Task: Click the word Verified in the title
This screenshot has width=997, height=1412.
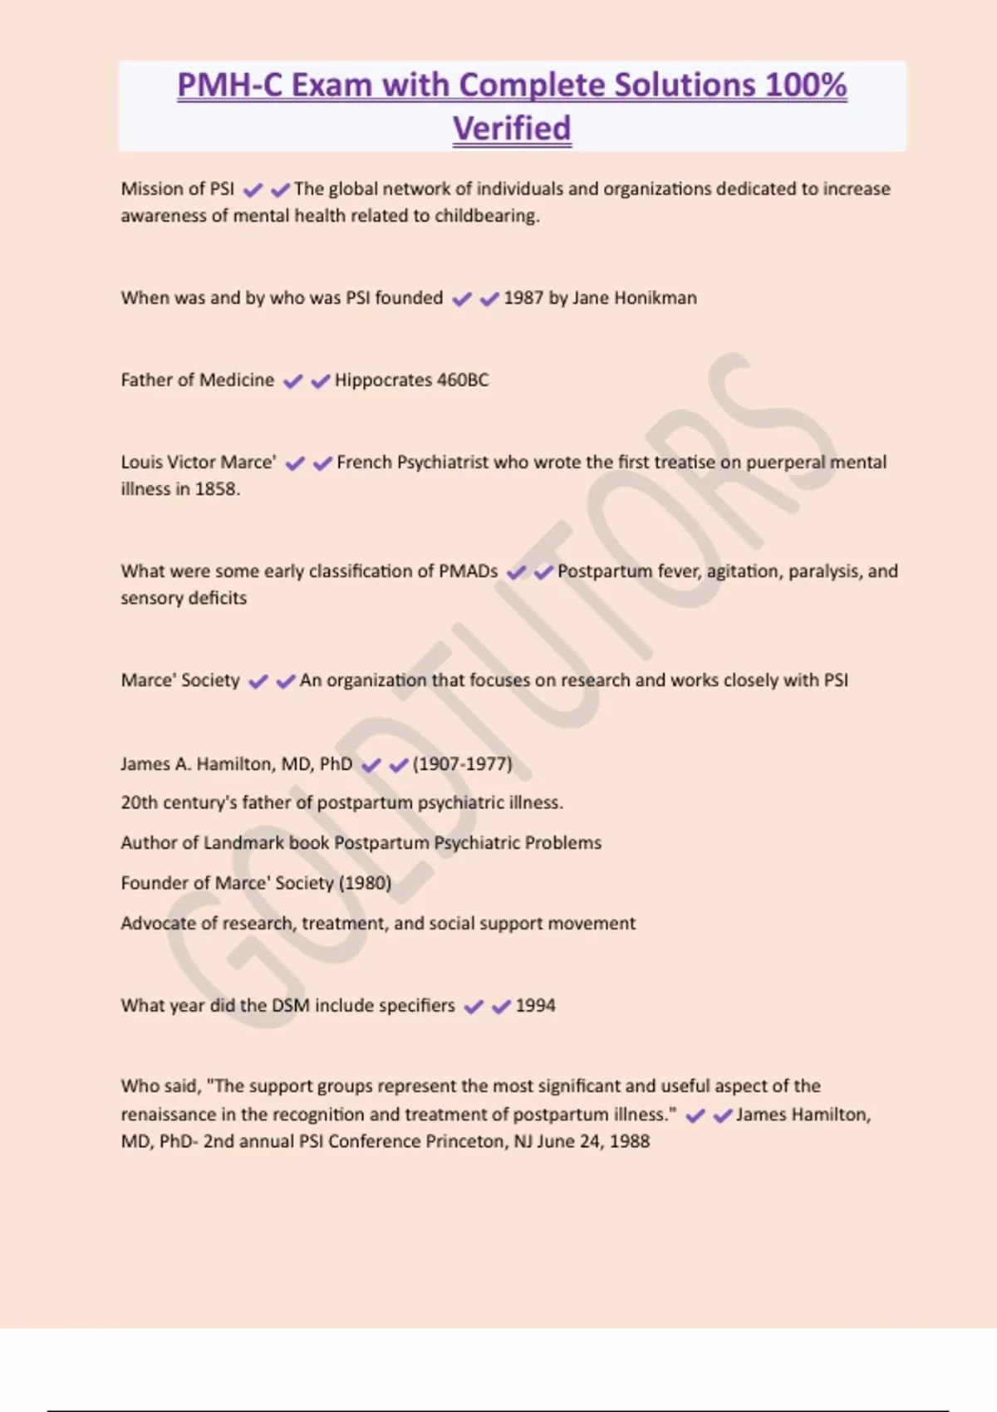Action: click(512, 129)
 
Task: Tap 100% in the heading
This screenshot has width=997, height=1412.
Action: click(805, 85)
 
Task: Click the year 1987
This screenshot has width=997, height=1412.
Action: click(523, 297)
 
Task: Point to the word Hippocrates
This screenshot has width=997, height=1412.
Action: click(383, 380)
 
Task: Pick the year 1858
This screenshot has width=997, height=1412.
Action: click(217, 488)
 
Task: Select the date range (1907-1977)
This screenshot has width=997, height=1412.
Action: click(463, 763)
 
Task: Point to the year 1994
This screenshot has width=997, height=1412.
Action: click(535, 1005)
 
